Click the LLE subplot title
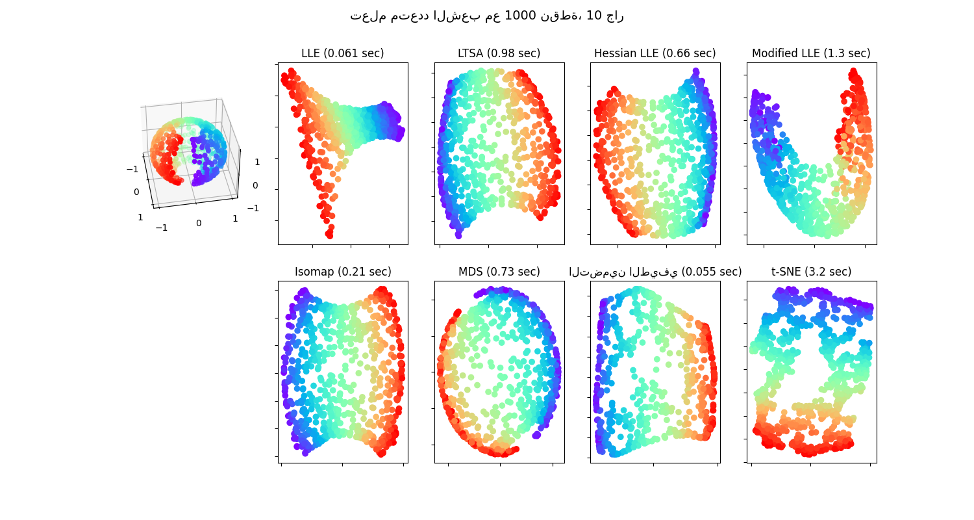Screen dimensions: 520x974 (342, 53)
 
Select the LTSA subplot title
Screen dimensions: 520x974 (499, 53)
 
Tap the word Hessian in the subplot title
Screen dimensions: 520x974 (614, 53)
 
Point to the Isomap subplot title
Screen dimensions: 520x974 (343, 272)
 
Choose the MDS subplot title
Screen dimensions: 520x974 (499, 272)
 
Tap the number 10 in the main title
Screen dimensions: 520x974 (593, 16)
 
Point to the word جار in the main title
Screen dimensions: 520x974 (615, 16)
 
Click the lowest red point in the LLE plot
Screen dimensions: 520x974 (330, 235)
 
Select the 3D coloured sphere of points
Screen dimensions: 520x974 (188, 151)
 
